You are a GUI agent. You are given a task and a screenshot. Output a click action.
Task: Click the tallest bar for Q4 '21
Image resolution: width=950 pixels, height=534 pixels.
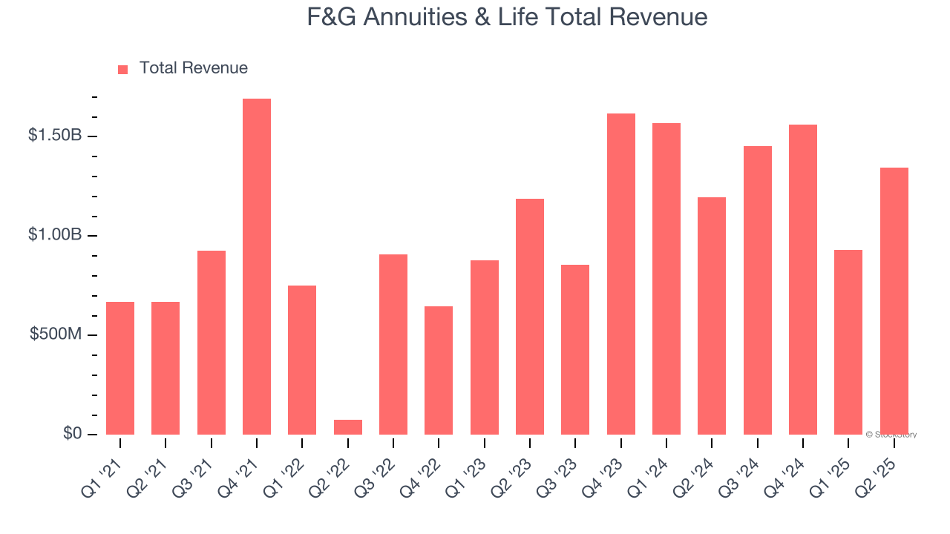(x=257, y=267)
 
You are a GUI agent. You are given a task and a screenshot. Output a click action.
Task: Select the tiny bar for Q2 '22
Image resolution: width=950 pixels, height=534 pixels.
(x=348, y=427)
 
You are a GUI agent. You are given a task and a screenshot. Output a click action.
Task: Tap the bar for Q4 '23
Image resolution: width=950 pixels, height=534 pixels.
(x=621, y=274)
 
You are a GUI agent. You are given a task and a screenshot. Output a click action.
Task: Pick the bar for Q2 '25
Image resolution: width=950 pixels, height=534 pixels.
(x=894, y=301)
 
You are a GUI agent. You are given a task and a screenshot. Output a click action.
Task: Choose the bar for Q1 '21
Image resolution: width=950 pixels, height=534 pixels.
(x=120, y=368)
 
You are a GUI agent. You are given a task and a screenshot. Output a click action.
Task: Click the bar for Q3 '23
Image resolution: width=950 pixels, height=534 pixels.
(x=575, y=349)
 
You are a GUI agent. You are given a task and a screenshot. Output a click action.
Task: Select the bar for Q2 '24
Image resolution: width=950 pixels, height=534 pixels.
(x=712, y=316)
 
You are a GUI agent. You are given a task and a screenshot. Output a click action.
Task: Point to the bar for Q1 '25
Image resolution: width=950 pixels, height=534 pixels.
(x=848, y=342)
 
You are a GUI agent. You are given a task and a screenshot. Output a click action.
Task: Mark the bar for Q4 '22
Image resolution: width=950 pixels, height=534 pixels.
(x=439, y=370)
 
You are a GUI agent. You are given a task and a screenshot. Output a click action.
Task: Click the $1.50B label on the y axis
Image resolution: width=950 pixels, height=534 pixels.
(x=56, y=136)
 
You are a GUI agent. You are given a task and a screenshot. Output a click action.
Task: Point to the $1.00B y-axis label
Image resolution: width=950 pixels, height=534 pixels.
(x=56, y=235)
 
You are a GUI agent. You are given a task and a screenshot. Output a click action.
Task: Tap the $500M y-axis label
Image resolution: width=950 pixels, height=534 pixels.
(x=56, y=334)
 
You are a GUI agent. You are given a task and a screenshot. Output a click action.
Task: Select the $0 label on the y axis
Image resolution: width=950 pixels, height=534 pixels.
(x=71, y=434)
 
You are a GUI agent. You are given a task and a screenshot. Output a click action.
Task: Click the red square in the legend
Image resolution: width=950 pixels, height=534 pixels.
(x=123, y=70)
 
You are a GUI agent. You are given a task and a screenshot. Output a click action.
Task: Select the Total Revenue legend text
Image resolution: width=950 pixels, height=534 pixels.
(x=193, y=68)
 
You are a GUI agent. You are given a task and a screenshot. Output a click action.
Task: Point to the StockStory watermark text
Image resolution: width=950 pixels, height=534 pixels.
(x=894, y=435)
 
